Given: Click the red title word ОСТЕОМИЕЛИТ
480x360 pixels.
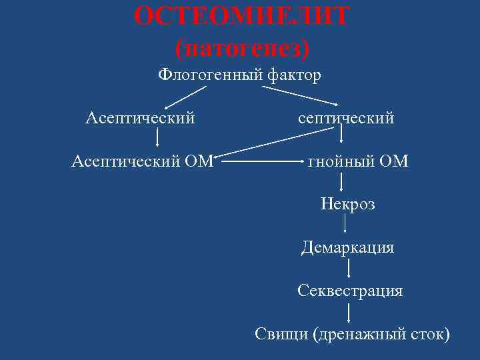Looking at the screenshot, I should pyautogui.click(x=241, y=16).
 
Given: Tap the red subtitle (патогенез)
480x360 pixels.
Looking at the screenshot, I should pyautogui.click(x=242, y=47).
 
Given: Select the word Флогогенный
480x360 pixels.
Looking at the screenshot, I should pyautogui.click(x=210, y=75).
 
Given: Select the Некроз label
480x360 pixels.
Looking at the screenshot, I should pyautogui.click(x=347, y=203).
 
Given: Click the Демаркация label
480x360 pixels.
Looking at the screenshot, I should pyautogui.click(x=347, y=248).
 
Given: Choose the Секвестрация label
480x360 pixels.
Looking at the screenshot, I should pyautogui.click(x=350, y=291).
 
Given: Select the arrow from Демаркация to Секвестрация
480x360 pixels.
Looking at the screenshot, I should pyautogui.click(x=349, y=269).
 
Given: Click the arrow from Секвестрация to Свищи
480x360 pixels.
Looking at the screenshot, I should pyautogui.click(x=349, y=312).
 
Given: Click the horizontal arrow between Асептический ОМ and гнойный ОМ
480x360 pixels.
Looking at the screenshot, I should pyautogui.click(x=260, y=161).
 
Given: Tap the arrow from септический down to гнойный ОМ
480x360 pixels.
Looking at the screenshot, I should pyautogui.click(x=342, y=136).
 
